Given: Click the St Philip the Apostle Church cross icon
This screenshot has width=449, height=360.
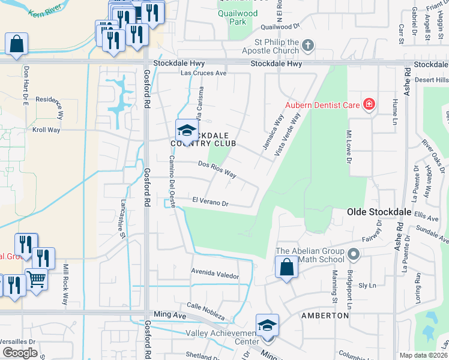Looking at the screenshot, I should tap(307, 45).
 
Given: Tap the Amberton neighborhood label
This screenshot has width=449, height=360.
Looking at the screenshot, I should tap(325, 315).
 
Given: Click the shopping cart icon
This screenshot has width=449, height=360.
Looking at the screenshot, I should tap(36, 279).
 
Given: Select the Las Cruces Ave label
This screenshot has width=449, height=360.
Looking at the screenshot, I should tap(204, 73).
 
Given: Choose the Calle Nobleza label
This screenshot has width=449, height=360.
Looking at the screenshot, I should tap(205, 311).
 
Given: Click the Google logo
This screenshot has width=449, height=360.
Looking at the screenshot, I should tap(20, 353).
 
